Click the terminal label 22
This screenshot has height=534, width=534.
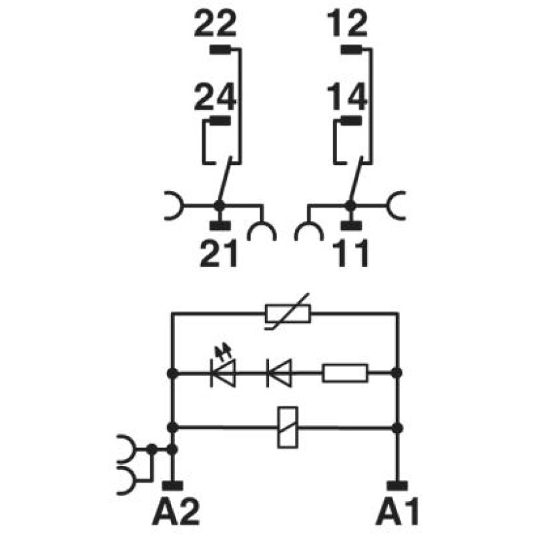point(215,23)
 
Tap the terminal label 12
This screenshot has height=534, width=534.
point(348,23)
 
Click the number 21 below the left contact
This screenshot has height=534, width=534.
point(218,253)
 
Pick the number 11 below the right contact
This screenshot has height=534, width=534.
point(351,253)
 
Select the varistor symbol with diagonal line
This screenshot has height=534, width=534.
point(288,313)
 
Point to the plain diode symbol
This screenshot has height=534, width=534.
point(279,373)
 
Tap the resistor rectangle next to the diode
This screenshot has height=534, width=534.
point(345,373)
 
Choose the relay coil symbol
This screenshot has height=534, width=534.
point(288,427)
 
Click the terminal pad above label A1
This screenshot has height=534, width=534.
point(397,486)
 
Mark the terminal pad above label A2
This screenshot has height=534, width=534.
point(173,486)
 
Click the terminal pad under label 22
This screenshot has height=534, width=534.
point(220,50)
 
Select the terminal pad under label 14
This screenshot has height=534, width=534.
point(351,121)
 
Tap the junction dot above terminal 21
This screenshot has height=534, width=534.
point(220,206)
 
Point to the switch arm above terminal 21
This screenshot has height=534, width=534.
point(225,180)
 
